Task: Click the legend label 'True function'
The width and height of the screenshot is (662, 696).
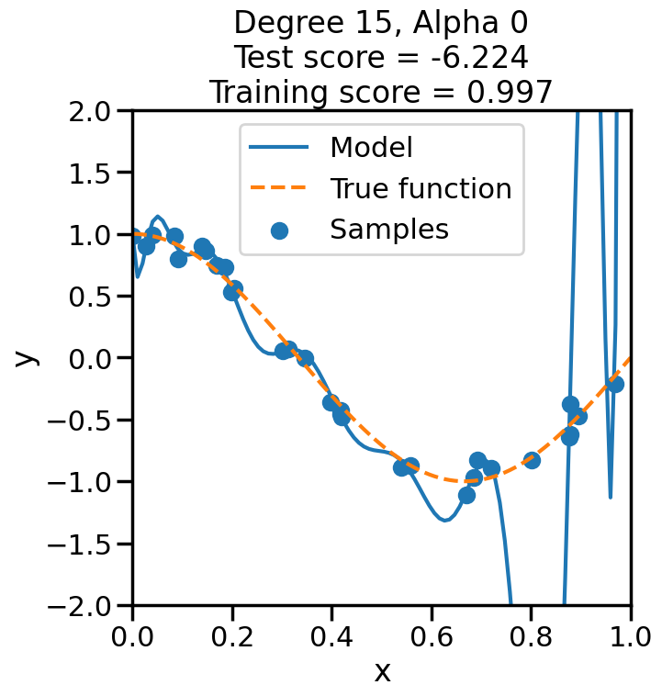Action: coord(421,188)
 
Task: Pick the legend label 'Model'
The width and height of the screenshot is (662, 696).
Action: coord(371,147)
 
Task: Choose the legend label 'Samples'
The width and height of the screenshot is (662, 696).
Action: coord(389,229)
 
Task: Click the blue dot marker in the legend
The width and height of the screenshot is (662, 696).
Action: coord(280,230)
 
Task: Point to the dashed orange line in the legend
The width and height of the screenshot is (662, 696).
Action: coord(280,188)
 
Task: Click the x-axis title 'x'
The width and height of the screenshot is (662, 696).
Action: coord(382,671)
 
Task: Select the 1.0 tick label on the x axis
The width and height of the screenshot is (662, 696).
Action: coord(630,635)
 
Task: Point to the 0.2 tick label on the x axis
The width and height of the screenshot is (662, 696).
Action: coord(232,635)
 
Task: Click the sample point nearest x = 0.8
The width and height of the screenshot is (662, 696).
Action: coord(532,460)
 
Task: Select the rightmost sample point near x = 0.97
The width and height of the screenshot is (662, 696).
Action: coord(615,384)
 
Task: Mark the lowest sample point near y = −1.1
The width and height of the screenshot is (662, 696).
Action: coord(466,495)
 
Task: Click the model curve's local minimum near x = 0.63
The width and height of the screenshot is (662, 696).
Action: coord(445,521)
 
